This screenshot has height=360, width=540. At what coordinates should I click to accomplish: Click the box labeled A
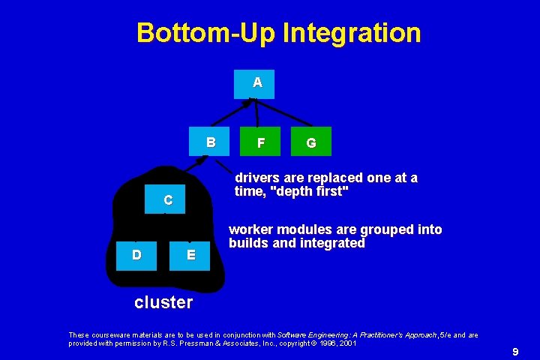click(254, 84)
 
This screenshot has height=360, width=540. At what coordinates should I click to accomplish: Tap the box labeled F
click(259, 142)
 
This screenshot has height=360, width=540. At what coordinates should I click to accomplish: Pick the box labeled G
click(310, 142)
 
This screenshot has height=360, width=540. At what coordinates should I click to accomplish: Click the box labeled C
click(167, 199)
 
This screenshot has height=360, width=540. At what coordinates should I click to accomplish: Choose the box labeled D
click(136, 255)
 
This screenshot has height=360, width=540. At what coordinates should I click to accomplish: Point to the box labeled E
click(191, 255)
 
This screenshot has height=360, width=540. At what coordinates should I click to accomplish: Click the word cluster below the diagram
click(163, 302)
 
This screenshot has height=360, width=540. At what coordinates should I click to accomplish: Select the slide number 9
click(515, 351)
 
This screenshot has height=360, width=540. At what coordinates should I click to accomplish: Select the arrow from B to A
click(232, 112)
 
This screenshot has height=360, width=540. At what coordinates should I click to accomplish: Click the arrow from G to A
click(283, 113)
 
